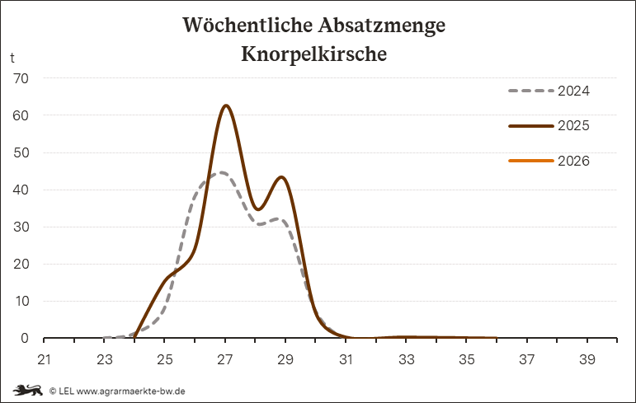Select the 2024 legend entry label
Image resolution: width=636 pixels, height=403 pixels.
click(x=573, y=91)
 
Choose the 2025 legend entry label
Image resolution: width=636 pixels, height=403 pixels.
click(x=573, y=126)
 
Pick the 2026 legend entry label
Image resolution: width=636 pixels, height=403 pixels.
click(x=573, y=162)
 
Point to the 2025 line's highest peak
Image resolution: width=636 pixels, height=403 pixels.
click(x=225, y=105)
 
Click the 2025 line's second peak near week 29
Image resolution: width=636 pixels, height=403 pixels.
click(x=282, y=177)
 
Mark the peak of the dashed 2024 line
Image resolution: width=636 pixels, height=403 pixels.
click(x=220, y=172)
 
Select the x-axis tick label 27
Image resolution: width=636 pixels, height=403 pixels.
click(x=225, y=359)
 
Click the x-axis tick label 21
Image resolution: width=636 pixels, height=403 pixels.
click(x=45, y=359)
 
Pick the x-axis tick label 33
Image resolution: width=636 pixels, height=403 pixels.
click(x=406, y=359)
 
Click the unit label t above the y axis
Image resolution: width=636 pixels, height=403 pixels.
click(x=12, y=58)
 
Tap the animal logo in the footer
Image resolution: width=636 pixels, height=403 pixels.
click(x=27, y=390)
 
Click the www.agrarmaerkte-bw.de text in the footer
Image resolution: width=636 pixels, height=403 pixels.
click(x=130, y=391)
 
